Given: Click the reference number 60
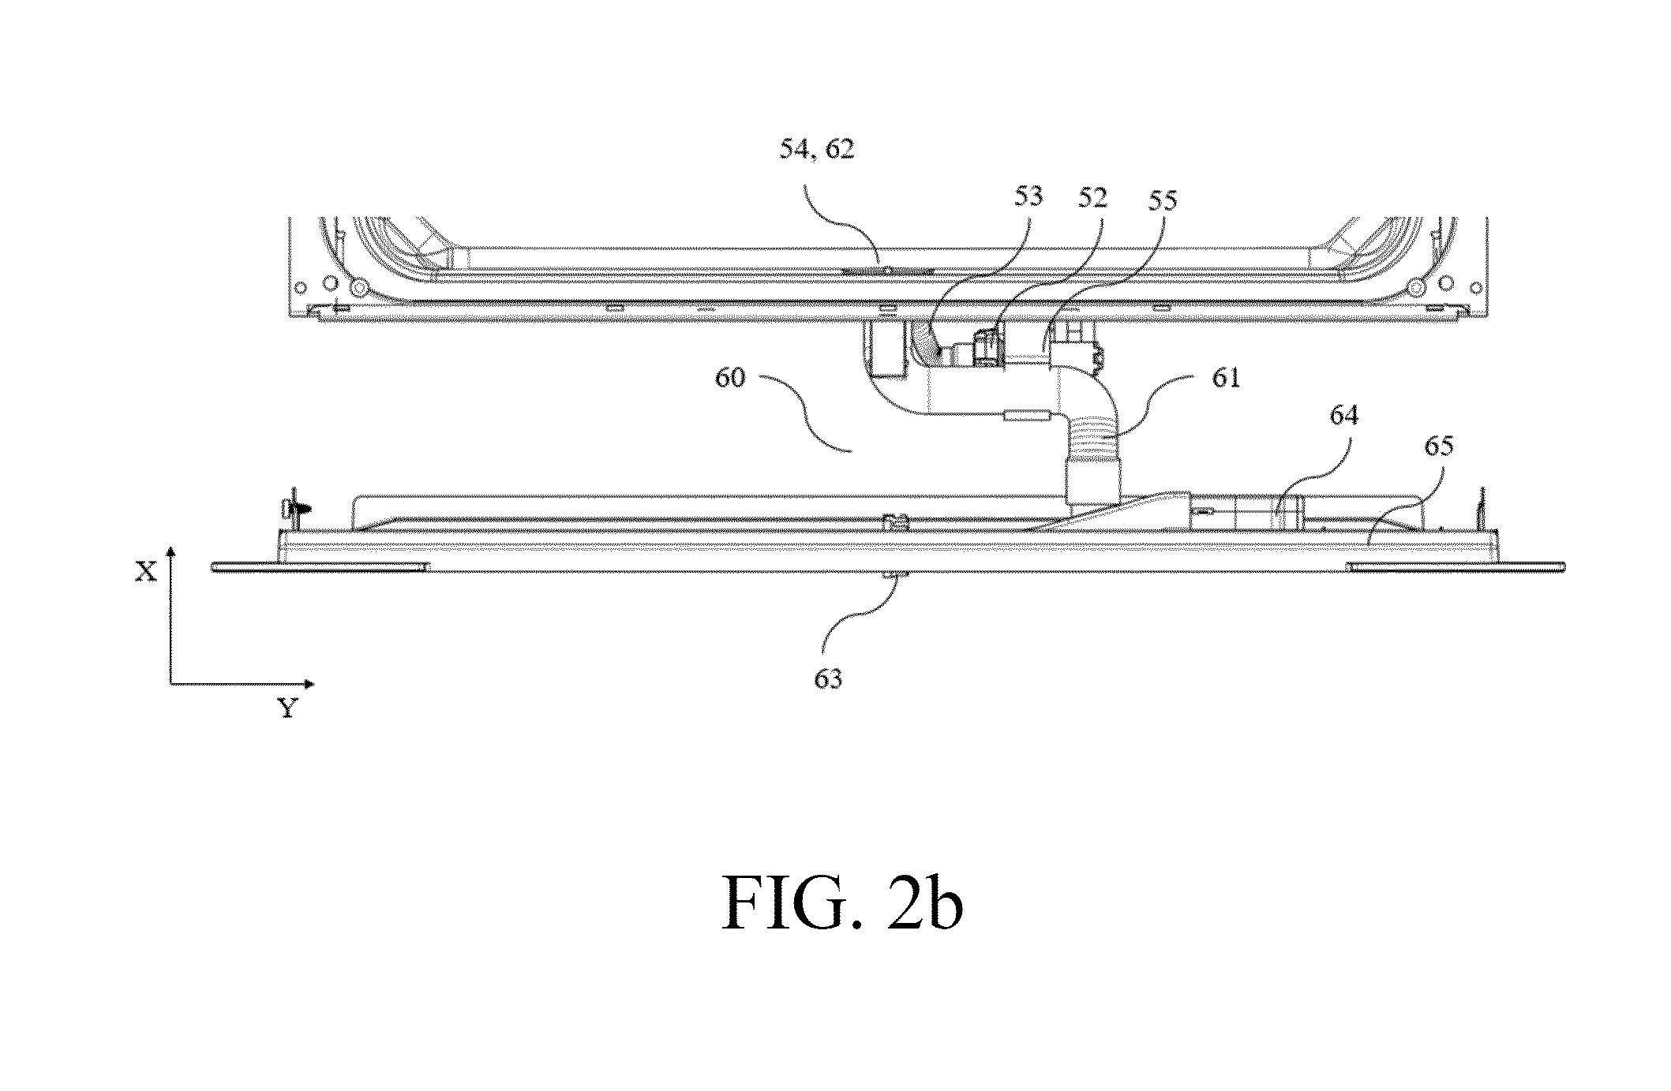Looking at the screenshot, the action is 731,379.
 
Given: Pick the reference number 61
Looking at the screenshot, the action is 1226,379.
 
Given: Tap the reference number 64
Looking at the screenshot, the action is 1343,417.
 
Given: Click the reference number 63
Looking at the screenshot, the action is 829,679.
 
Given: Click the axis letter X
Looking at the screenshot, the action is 146,573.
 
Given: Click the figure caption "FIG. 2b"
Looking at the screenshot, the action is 842,906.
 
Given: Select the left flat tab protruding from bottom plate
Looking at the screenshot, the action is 320,567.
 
